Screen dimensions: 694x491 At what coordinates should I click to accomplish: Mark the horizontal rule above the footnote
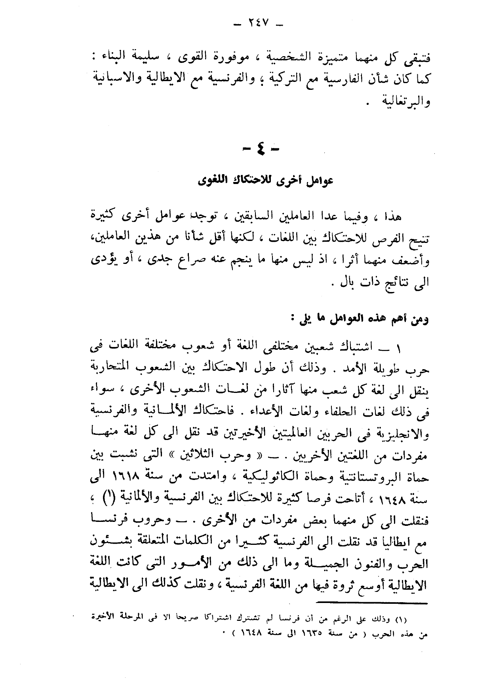click(372, 603)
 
